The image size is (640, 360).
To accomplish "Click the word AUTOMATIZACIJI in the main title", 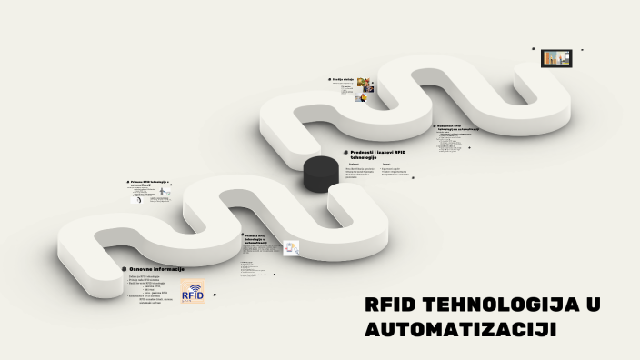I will (x=460, y=329).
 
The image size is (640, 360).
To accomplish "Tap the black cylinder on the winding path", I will (x=320, y=173).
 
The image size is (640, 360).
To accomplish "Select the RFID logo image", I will (x=193, y=293).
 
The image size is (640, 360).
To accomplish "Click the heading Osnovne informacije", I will (x=157, y=269).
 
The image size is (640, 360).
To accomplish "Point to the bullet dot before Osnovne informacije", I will (x=124, y=269).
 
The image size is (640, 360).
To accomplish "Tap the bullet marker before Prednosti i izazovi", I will (x=345, y=152).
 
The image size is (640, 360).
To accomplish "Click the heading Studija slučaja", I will (x=343, y=80).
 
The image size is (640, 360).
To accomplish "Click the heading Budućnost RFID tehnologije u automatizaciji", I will (x=458, y=127).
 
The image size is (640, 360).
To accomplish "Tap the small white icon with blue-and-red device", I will (x=291, y=248).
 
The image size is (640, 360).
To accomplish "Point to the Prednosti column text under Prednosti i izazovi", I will (x=358, y=172).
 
